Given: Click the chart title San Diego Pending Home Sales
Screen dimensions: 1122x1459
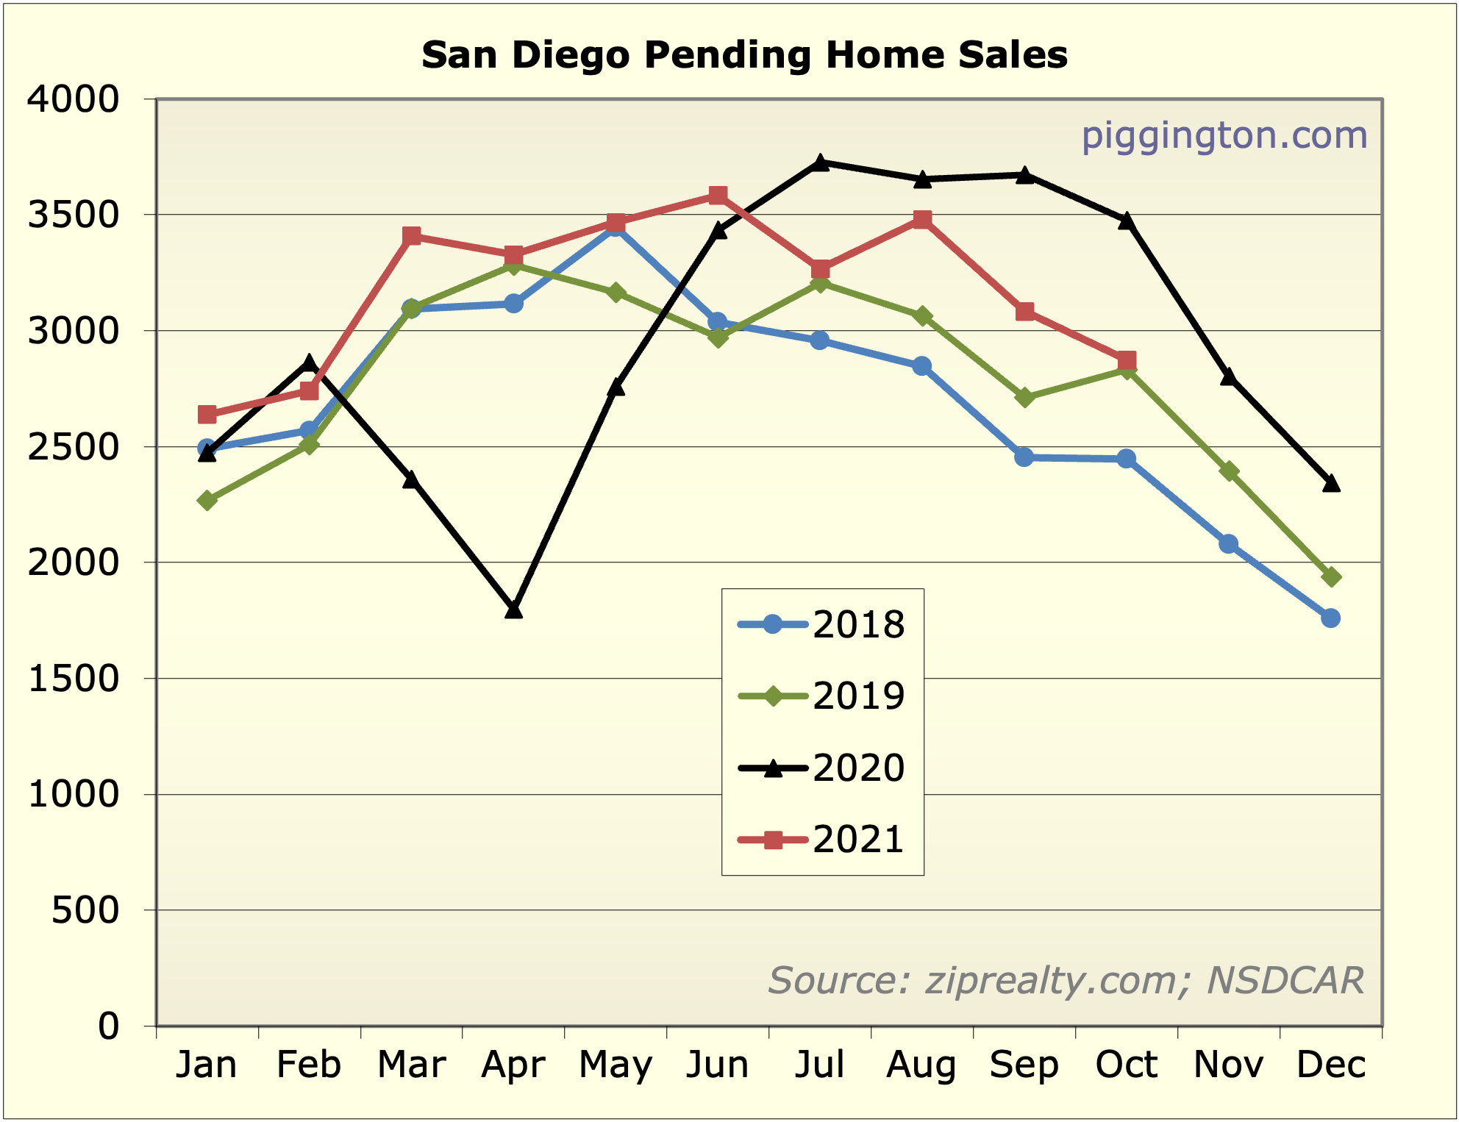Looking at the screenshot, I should pyautogui.click(x=744, y=55).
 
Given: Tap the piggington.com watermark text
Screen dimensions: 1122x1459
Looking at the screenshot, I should pyautogui.click(x=1224, y=136).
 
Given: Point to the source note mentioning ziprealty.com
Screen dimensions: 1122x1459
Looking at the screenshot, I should pyautogui.click(x=1066, y=980).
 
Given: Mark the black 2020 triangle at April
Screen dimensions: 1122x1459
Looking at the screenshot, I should pyautogui.click(x=513, y=610).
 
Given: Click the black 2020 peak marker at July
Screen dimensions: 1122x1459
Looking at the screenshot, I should pyautogui.click(x=820, y=162).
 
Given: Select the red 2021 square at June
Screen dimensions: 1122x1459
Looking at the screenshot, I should pyautogui.click(x=718, y=195).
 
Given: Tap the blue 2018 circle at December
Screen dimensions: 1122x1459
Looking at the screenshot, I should pyautogui.click(x=1330, y=618).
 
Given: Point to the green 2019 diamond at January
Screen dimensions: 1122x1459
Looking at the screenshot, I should pyautogui.click(x=207, y=500).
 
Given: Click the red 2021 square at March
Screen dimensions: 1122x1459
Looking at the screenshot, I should pyautogui.click(x=412, y=236).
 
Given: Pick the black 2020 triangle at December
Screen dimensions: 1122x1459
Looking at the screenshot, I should pyautogui.click(x=1330, y=483).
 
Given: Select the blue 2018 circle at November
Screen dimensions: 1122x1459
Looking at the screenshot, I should pyautogui.click(x=1228, y=544).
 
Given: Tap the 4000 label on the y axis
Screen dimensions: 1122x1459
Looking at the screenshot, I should pyautogui.click(x=73, y=99).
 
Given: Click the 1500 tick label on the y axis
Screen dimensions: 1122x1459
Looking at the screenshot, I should pyautogui.click(x=73, y=679).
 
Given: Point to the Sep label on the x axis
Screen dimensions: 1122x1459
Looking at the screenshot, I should pyautogui.click(x=1024, y=1065).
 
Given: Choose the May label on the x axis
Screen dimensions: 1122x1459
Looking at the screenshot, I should pyautogui.click(x=616, y=1065).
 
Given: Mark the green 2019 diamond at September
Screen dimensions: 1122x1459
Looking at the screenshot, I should pyautogui.click(x=1024, y=398).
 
